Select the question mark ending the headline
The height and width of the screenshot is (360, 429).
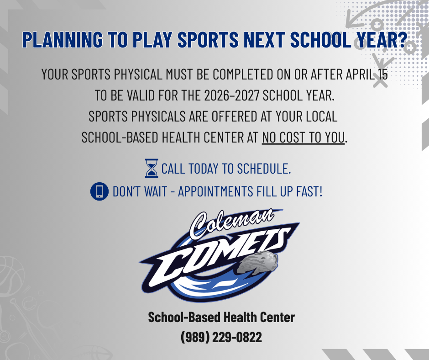[401, 40]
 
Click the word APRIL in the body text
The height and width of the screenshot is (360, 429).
[355, 74]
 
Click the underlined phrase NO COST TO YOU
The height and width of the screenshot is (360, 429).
[303, 138]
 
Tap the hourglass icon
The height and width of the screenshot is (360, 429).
[151, 168]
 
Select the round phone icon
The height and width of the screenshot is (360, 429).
[99, 191]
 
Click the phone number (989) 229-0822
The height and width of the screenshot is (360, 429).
[221, 338]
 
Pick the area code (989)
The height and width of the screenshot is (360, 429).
[195, 338]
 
